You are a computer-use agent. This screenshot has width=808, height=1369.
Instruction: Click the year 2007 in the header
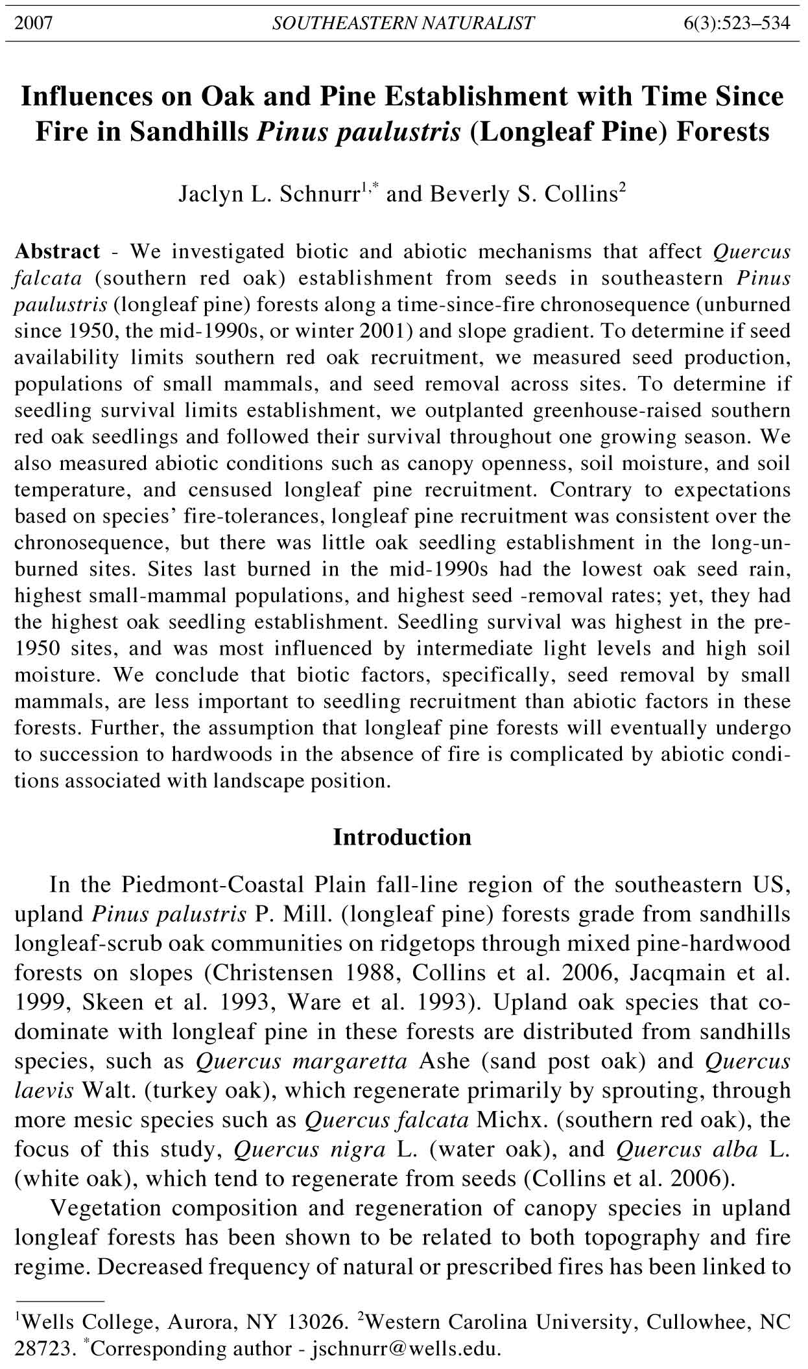[x=33, y=24]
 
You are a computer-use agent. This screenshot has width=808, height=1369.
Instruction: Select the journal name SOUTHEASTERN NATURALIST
[x=403, y=24]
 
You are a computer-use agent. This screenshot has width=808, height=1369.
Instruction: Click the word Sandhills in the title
[x=189, y=132]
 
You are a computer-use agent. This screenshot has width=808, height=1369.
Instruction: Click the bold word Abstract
[x=57, y=251]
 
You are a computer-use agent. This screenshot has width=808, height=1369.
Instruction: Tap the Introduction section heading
[x=402, y=837]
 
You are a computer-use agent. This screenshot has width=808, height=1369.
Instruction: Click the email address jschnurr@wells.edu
[x=407, y=1350]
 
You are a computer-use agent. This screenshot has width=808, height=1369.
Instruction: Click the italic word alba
[x=735, y=1149]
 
